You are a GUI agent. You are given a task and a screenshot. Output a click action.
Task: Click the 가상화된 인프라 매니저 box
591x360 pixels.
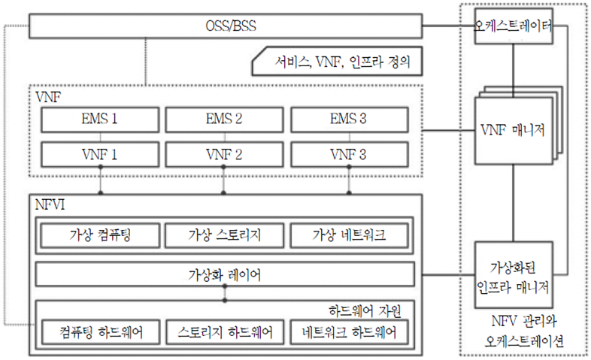pos(514,274)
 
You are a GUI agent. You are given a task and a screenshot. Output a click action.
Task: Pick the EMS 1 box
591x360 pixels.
pos(99,119)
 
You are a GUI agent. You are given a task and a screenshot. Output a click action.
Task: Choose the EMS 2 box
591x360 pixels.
pos(224,119)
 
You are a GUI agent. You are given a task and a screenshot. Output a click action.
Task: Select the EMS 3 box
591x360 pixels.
pos(349,119)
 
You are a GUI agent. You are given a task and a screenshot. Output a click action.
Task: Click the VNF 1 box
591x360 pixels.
pos(99,155)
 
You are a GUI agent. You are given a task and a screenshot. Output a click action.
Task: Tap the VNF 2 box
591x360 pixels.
pos(224,155)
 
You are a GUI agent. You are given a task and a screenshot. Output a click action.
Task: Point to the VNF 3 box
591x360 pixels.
pos(349,155)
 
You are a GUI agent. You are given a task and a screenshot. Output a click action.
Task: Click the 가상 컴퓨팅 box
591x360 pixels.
pos(99,235)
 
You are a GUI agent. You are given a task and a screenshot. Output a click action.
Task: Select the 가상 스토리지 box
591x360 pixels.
pos(224,235)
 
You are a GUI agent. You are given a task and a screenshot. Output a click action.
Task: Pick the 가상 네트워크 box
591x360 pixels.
pos(349,235)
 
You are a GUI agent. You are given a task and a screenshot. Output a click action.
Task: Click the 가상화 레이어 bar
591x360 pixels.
pos(224,275)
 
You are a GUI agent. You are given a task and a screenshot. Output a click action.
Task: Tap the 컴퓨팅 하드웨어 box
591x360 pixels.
pos(99,331)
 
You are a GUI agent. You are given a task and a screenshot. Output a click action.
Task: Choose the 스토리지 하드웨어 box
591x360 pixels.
pos(224,331)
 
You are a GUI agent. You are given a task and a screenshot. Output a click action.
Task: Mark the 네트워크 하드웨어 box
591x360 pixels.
pos(349,331)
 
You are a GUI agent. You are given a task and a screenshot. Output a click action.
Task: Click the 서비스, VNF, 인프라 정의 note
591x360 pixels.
pos(335,63)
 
